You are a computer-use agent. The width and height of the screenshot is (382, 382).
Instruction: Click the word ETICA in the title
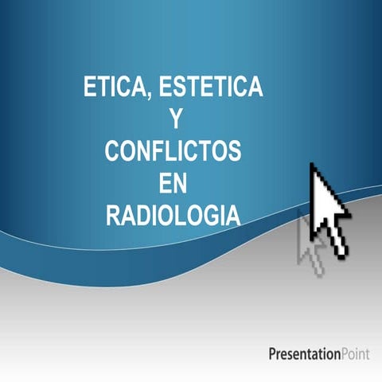[113, 88]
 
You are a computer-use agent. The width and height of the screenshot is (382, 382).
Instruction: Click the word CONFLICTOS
[174, 151]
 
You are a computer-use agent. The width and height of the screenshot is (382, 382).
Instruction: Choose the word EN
[174, 183]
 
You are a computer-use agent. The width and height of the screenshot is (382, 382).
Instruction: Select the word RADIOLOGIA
[174, 215]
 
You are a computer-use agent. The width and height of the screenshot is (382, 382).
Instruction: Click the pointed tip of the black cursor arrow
[312, 165]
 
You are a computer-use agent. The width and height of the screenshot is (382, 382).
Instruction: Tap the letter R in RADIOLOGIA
[114, 215]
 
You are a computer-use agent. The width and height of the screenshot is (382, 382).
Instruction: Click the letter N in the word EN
[183, 183]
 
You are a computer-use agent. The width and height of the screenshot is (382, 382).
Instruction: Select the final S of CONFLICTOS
[235, 151]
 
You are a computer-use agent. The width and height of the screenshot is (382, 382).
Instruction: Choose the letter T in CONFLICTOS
[203, 151]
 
